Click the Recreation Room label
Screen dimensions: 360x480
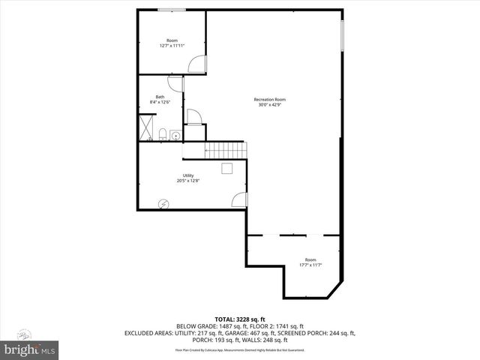(x=269, y=100)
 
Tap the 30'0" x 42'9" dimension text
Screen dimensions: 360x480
(x=269, y=105)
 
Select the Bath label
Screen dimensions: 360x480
(x=160, y=97)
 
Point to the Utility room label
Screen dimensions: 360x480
(x=188, y=175)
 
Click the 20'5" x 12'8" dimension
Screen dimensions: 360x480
(x=188, y=181)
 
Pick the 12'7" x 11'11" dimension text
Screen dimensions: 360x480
(x=172, y=45)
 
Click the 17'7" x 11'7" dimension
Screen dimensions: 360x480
(x=310, y=265)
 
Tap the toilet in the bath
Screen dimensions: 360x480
(x=162, y=135)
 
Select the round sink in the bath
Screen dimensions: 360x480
(x=175, y=136)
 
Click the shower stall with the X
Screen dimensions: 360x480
(x=145, y=127)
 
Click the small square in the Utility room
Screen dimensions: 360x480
(x=227, y=167)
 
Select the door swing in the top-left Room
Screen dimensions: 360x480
(x=196, y=64)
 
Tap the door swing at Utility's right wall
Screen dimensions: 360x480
(x=239, y=199)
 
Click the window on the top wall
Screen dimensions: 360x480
(x=172, y=10)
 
